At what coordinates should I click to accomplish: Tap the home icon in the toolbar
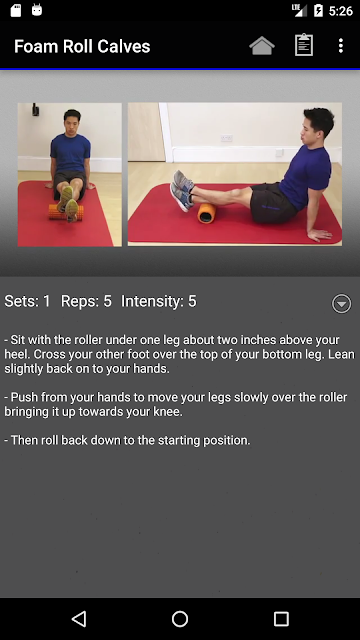[262, 46]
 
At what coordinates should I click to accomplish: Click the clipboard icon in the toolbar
[304, 45]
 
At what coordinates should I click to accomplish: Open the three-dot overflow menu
[341, 46]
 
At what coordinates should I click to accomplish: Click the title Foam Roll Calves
[82, 46]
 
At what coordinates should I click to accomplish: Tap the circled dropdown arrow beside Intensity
[341, 303]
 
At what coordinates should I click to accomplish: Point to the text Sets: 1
[27, 301]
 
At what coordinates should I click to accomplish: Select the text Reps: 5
[86, 302]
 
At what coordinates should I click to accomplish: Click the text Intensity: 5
[159, 302]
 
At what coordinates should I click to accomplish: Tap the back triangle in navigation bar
[79, 619]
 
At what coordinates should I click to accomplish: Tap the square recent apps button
[281, 619]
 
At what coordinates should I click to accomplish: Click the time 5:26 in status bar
[341, 11]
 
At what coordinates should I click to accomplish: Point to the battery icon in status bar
[318, 10]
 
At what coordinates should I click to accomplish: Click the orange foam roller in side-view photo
[207, 213]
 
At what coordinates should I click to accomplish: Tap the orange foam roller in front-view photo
[66, 212]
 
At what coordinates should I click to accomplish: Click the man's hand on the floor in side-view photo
[320, 234]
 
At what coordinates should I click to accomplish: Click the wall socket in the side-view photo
[227, 138]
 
